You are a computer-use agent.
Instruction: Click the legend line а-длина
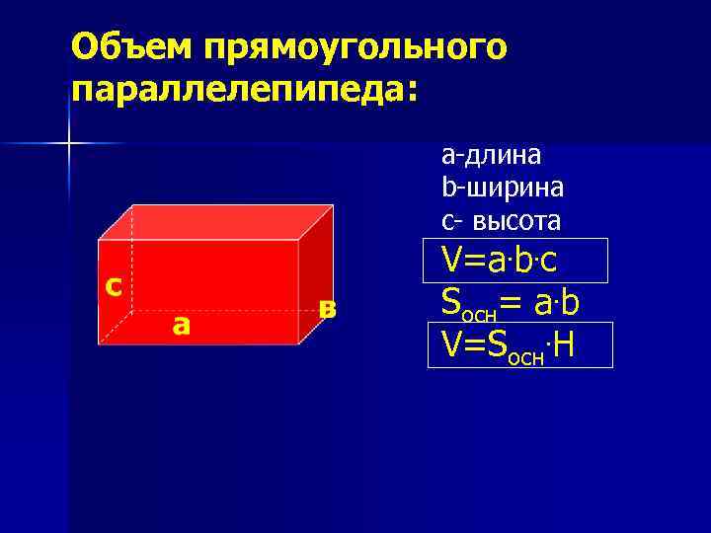491,155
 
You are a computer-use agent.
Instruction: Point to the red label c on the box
115,285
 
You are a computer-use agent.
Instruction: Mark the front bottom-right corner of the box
300,343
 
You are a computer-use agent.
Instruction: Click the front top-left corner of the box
99,239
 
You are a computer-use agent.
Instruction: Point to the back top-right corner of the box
331,205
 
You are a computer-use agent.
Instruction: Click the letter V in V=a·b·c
452,260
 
